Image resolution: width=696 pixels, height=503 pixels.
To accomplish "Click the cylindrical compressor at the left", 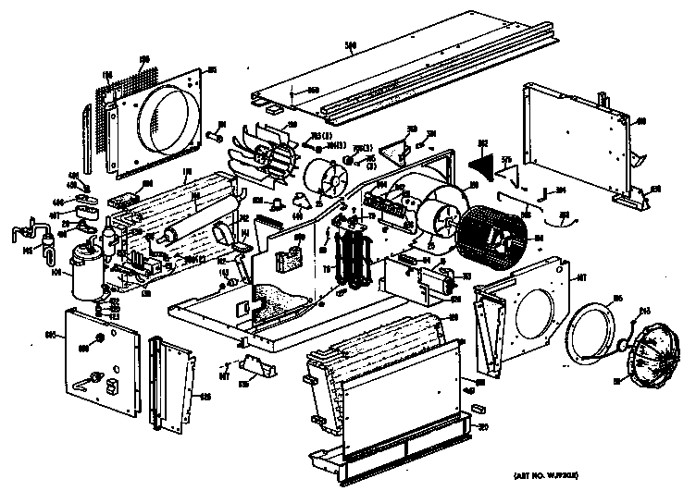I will tap(90, 269).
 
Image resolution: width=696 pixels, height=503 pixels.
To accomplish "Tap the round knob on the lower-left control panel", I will tap(83, 347).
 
